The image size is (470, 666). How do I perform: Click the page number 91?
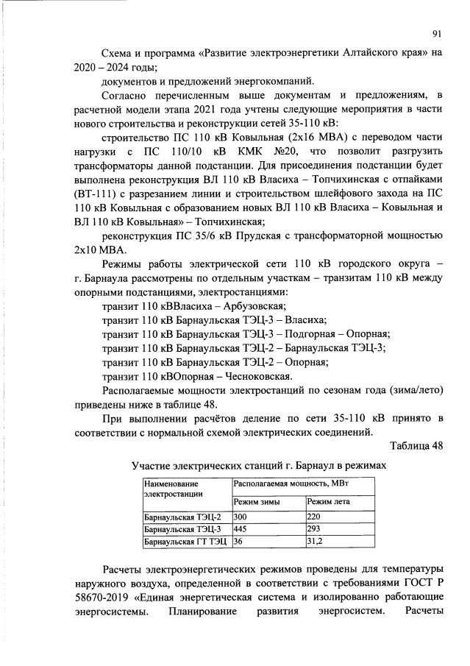point(436,33)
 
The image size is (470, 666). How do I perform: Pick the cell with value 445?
point(239,529)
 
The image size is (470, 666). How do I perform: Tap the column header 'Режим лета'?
point(328,502)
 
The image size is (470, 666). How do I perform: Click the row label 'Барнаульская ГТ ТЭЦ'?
point(185,541)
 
